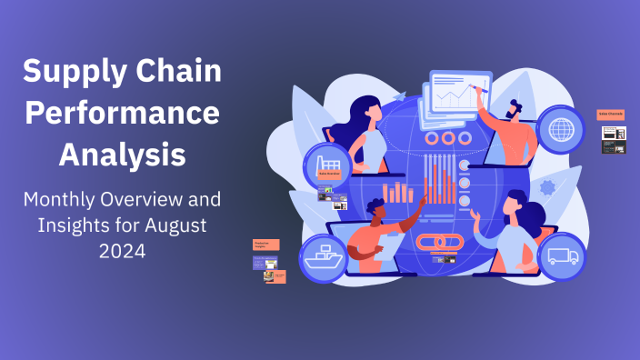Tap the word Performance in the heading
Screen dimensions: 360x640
coord(122,113)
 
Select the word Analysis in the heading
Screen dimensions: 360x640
coord(122,155)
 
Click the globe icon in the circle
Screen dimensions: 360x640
coord(561,128)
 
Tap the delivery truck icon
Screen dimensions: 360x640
coord(561,255)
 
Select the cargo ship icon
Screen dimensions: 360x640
coord(324,257)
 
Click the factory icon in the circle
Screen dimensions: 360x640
coord(327,166)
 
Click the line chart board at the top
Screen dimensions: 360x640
coord(458,94)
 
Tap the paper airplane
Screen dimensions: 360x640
coord(400,94)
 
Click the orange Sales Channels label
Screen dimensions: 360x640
coord(611,115)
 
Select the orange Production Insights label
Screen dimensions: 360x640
coord(266,245)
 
